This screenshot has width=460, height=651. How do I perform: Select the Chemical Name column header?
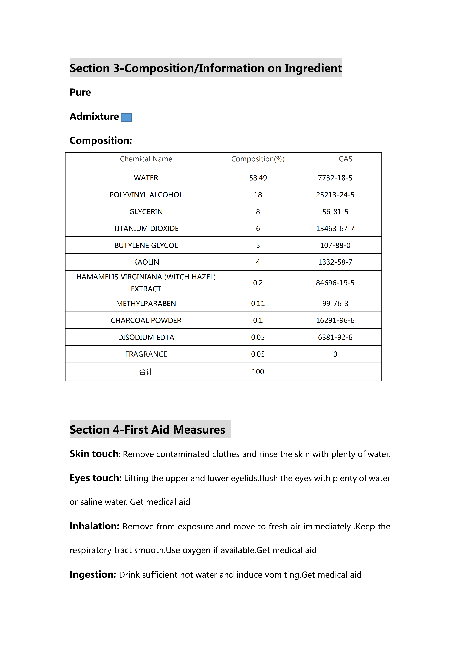pyautogui.click(x=146, y=159)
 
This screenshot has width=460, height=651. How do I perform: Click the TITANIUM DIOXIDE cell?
pyautogui.click(x=146, y=229)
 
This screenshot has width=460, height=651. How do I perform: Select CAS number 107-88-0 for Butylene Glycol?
pyautogui.click(x=335, y=246)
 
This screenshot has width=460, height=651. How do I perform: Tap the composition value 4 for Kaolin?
pyautogui.click(x=258, y=262)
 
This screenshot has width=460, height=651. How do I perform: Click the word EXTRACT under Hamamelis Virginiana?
pyautogui.click(x=146, y=289)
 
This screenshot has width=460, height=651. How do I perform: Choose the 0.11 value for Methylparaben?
pyautogui.click(x=258, y=304)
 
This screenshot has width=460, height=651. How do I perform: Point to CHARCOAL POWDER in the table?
pyautogui.click(x=146, y=320)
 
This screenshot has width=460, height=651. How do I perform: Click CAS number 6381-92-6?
pyautogui.click(x=335, y=337)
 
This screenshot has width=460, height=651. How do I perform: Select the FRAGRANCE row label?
pyautogui.click(x=146, y=354)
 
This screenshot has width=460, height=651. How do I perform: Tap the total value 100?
pyautogui.click(x=258, y=372)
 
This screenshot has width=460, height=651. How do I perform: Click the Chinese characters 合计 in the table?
pyautogui.click(x=146, y=372)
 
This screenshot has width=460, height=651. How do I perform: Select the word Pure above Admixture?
pyautogui.click(x=80, y=93)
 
